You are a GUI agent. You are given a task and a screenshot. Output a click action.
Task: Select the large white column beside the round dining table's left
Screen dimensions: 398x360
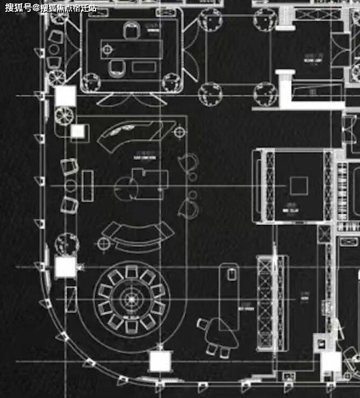click(65, 267)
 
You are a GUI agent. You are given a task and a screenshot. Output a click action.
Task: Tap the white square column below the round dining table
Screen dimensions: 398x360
click(160, 361)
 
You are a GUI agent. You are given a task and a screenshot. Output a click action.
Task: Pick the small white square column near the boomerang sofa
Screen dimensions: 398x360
click(78, 132)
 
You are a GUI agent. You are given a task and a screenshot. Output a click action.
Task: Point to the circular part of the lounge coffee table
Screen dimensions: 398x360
click(125, 187)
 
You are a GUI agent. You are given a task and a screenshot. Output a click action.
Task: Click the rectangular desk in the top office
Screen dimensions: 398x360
click(131, 49)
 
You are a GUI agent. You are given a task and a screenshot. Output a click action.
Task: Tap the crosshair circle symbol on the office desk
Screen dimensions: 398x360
click(107, 50)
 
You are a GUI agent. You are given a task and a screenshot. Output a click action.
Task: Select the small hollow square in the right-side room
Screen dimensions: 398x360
click(298, 186)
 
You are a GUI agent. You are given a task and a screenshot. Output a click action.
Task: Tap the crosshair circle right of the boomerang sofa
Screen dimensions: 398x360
click(179, 131)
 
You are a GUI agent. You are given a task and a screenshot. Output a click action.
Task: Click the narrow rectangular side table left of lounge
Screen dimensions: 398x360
click(88, 187)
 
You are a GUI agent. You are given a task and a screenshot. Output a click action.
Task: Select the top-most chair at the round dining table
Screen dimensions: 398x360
click(131, 272)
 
